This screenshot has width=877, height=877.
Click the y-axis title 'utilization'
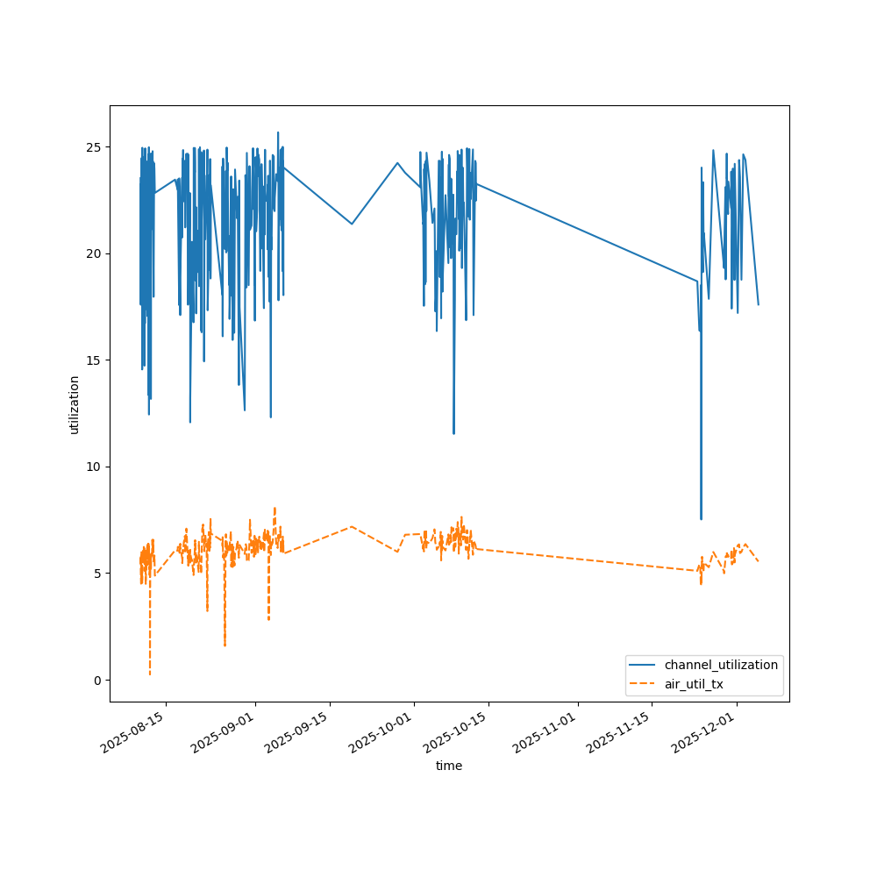coord(75,404)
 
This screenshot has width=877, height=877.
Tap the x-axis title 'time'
coord(449,766)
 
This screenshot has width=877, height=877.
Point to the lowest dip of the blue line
coord(701,518)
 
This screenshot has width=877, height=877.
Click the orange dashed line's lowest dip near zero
coord(150,674)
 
